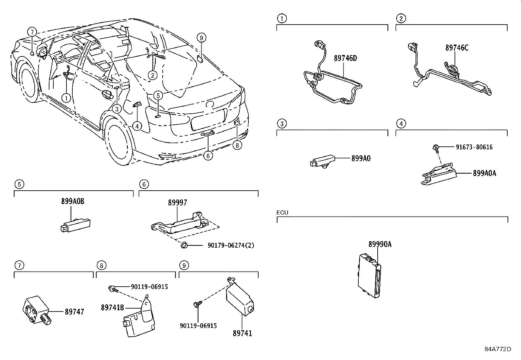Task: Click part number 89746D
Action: [x=345, y=58]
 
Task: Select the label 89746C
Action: [x=457, y=48]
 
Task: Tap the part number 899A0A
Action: [x=484, y=173]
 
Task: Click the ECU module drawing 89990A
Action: [x=370, y=277]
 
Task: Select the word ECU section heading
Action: [x=282, y=213]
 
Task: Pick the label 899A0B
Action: [x=72, y=201]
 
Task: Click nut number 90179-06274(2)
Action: [x=231, y=245]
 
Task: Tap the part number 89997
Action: [x=178, y=203]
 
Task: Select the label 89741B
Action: [x=112, y=308]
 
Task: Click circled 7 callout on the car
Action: [x=32, y=32]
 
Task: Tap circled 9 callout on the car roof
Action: [x=202, y=38]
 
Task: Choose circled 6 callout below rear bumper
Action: [x=208, y=156]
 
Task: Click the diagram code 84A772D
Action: [x=498, y=349]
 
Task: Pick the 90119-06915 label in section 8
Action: [x=149, y=287]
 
